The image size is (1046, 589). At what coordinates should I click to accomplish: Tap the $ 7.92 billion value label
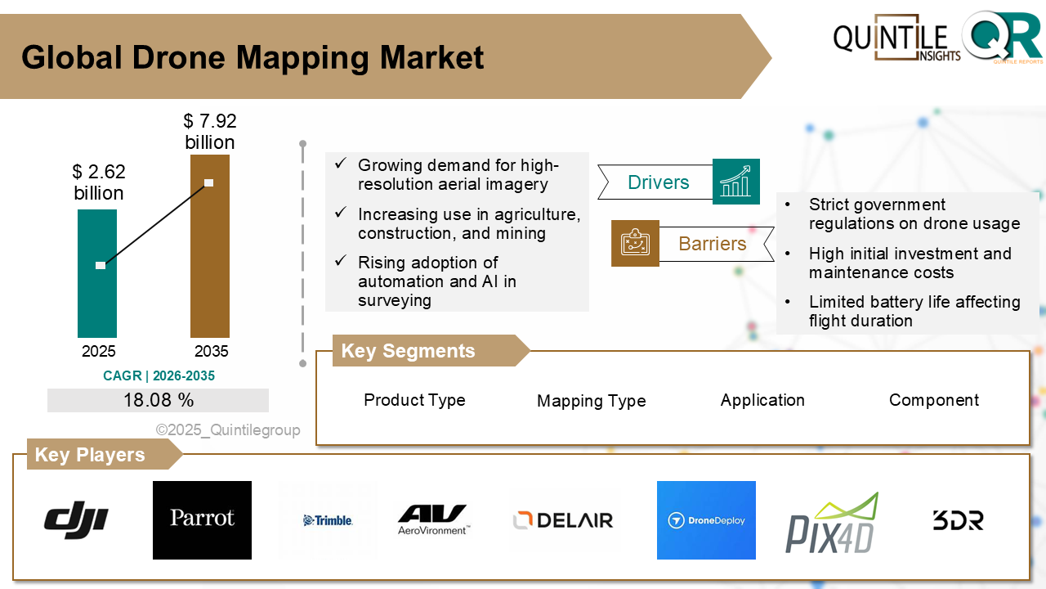pyautogui.click(x=209, y=132)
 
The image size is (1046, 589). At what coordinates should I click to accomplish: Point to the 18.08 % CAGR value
pyautogui.click(x=159, y=400)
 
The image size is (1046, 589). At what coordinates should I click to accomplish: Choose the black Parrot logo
pyautogui.click(x=202, y=519)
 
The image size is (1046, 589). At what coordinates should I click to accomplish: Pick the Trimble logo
pyautogui.click(x=328, y=520)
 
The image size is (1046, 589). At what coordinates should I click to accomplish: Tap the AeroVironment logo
pyautogui.click(x=432, y=519)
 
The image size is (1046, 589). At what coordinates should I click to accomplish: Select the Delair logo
pyautogui.click(x=563, y=519)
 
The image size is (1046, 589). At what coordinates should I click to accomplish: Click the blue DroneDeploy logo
pyautogui.click(x=706, y=520)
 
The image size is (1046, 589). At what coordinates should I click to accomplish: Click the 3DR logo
pyautogui.click(x=958, y=520)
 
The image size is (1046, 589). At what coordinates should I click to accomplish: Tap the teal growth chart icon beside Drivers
pyautogui.click(x=735, y=182)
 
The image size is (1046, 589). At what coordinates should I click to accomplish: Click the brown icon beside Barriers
pyautogui.click(x=635, y=243)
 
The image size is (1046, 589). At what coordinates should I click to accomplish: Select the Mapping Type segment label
pyautogui.click(x=591, y=401)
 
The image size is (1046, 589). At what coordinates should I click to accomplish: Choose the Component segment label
pyautogui.click(x=933, y=400)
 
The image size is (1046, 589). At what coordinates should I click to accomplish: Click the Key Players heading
pyautogui.click(x=90, y=455)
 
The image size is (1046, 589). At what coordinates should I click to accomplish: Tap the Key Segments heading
pyautogui.click(x=408, y=351)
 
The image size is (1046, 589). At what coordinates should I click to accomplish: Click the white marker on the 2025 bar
pyautogui.click(x=101, y=265)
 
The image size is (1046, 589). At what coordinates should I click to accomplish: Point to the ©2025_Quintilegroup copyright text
pyautogui.click(x=228, y=429)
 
